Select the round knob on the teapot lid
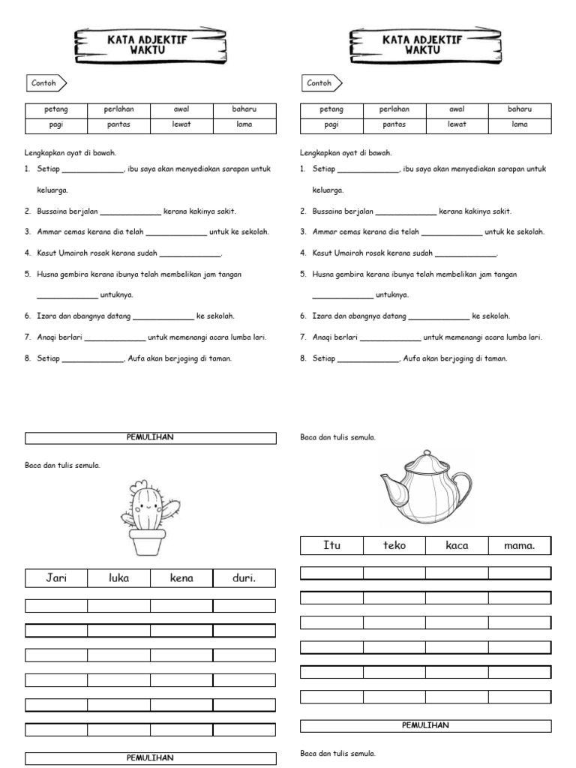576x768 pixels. coord(424,453)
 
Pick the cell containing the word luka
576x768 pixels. coord(118,578)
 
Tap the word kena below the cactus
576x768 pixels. coord(181,578)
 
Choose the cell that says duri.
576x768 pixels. coord(244,578)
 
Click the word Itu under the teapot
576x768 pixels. coord(331,545)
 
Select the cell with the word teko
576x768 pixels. coord(394,545)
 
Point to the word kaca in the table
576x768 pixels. coord(457,545)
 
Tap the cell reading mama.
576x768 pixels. coord(520,545)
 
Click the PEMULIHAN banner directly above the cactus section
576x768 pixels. coord(150,437)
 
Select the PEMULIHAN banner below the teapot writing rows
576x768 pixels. coord(425,725)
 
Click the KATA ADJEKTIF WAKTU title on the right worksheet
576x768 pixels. coord(425,44)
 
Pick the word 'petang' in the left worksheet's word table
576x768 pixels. coord(56,109)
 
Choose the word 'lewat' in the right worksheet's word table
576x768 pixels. coord(457,124)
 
